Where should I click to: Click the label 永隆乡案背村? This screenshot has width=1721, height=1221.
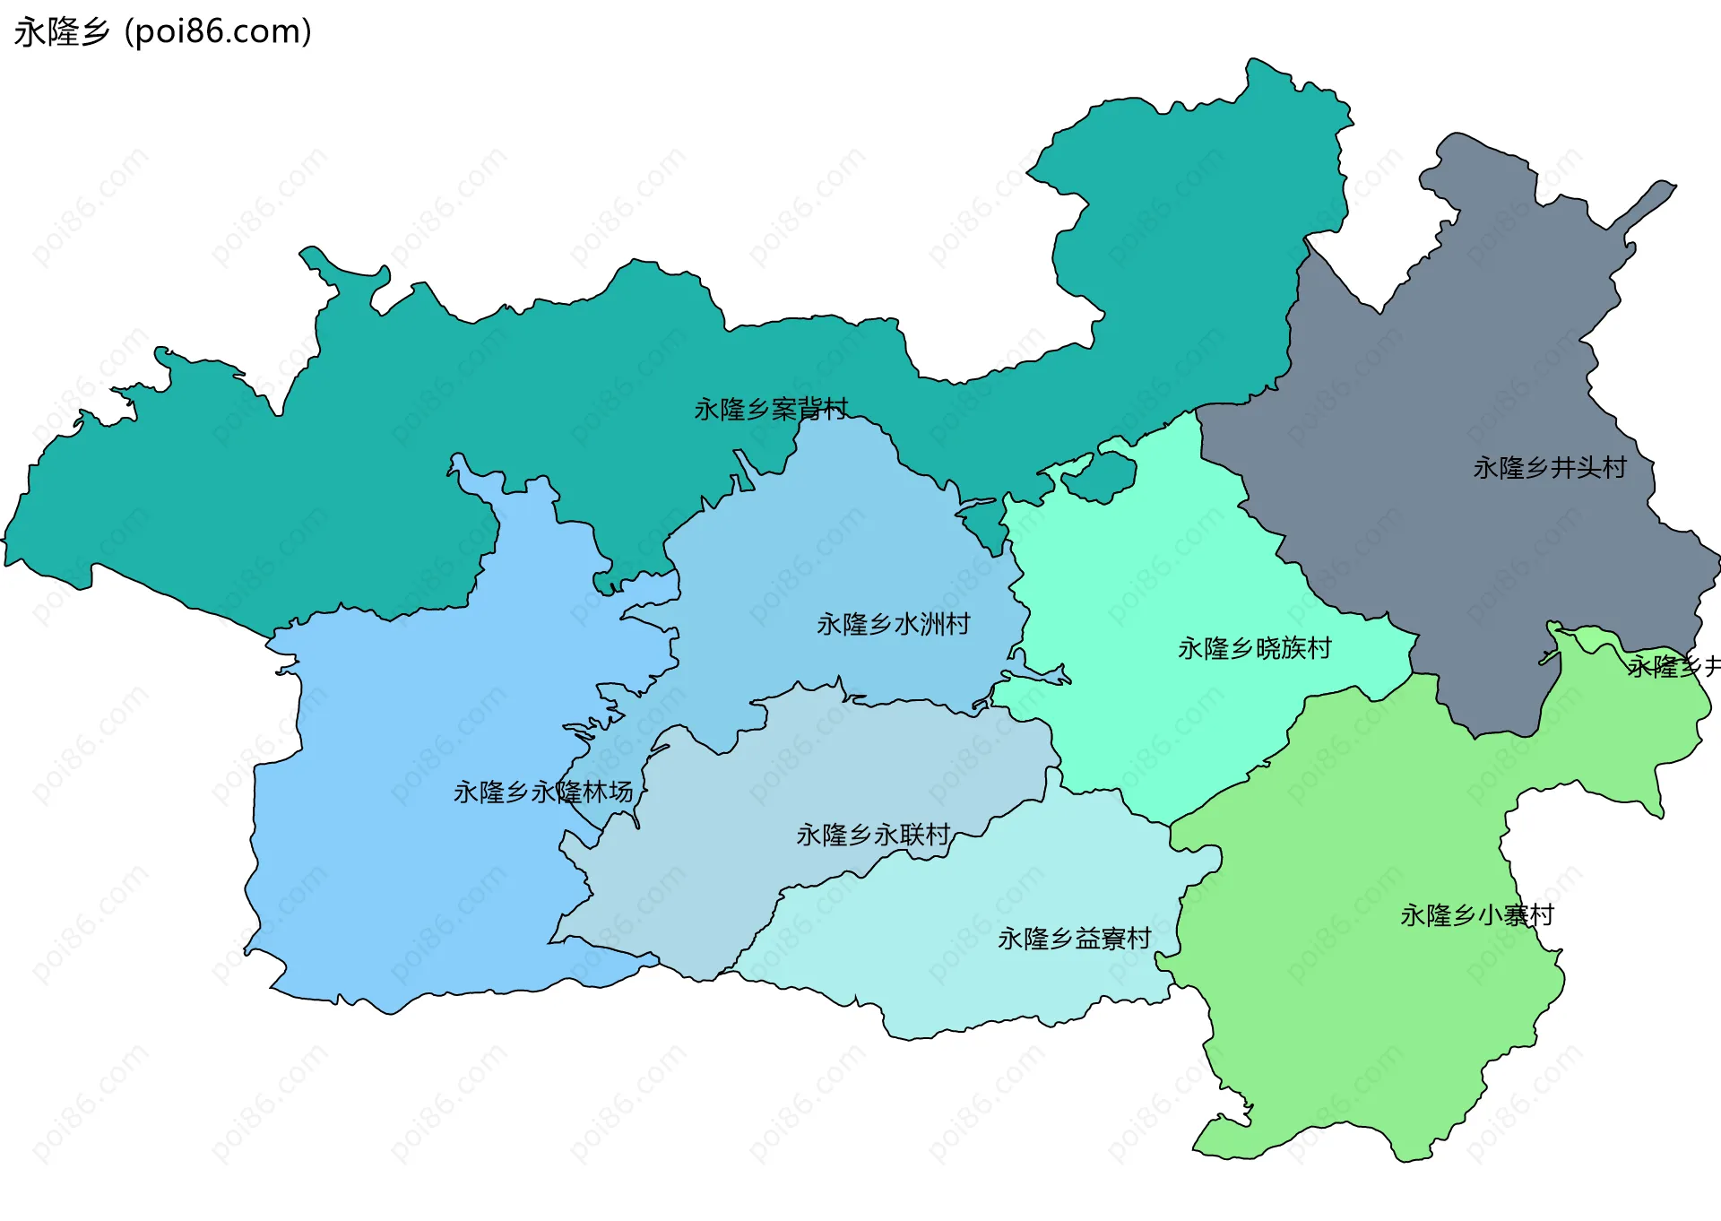pos(771,410)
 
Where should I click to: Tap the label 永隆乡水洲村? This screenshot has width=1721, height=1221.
pos(893,624)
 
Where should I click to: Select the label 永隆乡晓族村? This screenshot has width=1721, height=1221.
pos(1254,648)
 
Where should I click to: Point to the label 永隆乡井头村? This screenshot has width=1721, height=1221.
pos(1549,468)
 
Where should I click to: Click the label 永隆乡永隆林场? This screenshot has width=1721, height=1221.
pos(543,792)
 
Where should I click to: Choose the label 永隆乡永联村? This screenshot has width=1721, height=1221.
pos(873,836)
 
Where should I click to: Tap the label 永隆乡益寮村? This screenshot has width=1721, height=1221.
pos(1074,940)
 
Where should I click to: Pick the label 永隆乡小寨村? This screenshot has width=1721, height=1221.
pos(1476,916)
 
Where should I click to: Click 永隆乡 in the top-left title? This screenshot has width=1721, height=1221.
pos(61,32)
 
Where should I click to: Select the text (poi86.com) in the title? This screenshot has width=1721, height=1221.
pos(218,32)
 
